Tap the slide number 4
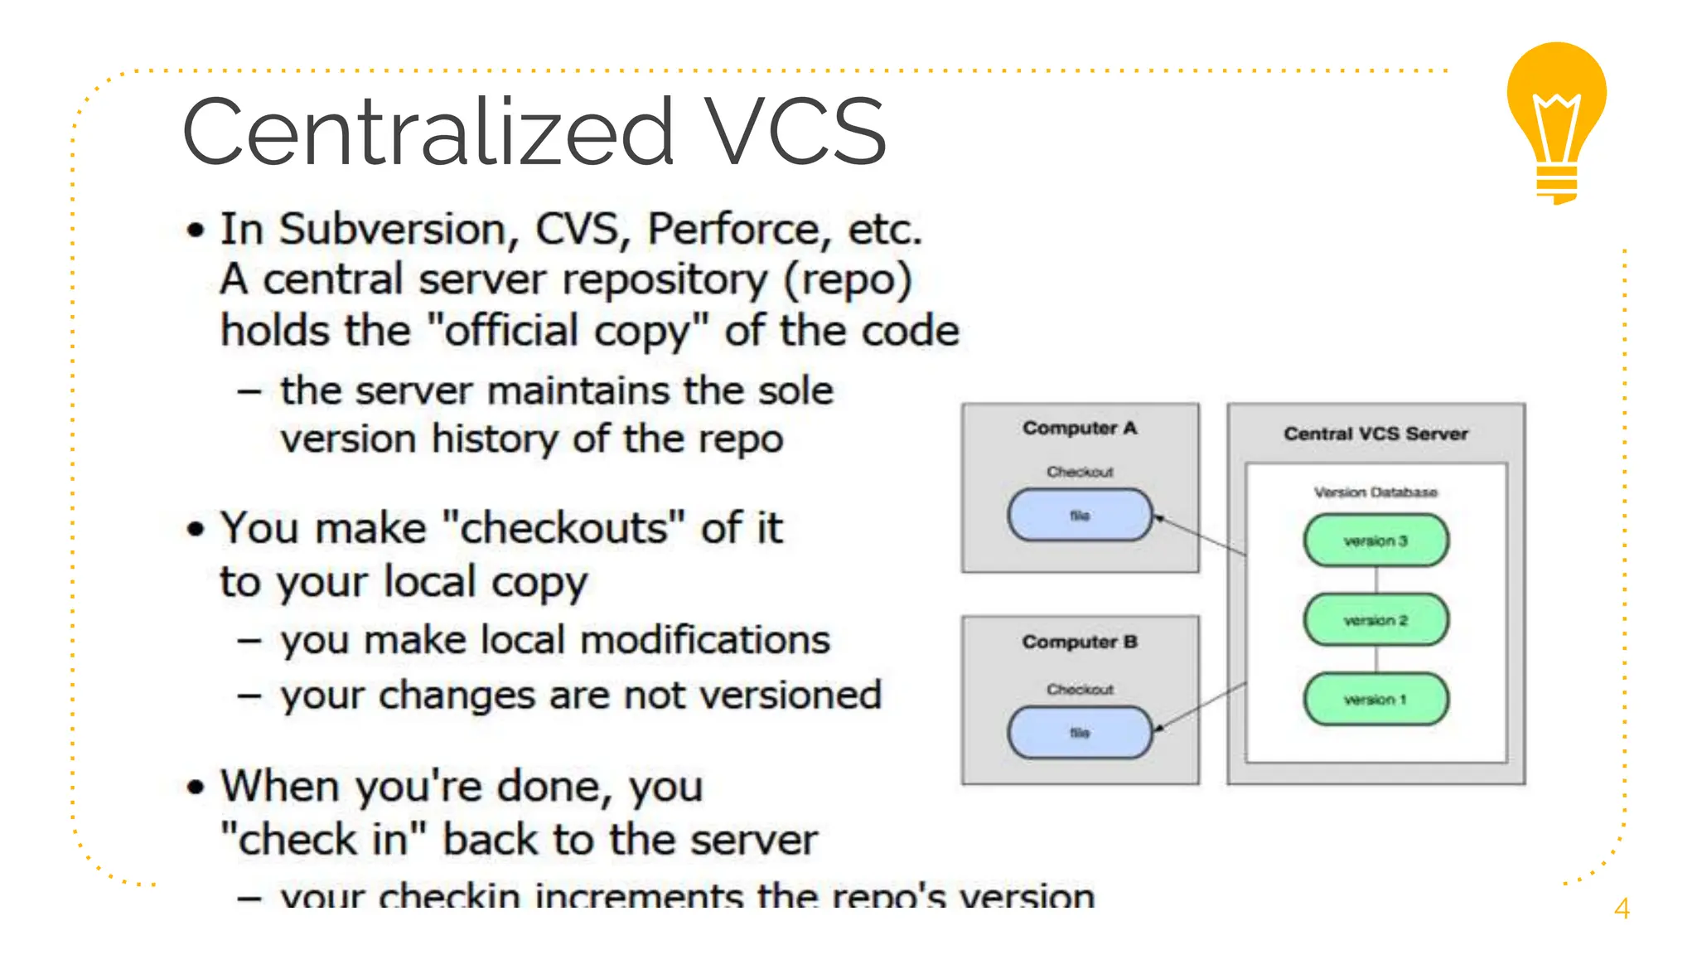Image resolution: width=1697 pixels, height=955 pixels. pos(1622,909)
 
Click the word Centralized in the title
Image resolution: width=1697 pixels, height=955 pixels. pos(428,133)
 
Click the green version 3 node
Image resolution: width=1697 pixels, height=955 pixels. pos(1375,541)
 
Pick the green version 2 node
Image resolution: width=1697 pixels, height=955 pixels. pos(1375,620)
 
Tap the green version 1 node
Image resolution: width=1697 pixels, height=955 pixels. pos(1375,700)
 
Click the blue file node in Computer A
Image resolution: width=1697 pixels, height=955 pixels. pos(1080,515)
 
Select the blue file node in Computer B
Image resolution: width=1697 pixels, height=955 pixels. pos(1080,733)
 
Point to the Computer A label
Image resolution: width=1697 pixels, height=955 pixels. pos(1080,428)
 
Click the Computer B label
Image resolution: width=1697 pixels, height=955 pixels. pos(1080,642)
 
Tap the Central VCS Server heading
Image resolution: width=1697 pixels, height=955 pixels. pos(1375,434)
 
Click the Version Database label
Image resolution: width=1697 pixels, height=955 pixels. pos(1375,492)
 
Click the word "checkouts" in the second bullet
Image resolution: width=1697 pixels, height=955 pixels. pos(563,528)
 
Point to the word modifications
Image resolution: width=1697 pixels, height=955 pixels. pos(705,640)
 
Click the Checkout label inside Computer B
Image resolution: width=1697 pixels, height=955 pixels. pos(1080,689)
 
